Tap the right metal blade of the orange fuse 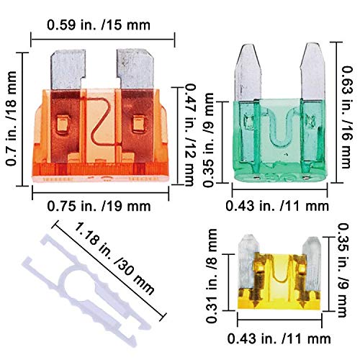(135, 68)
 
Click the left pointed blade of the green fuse (243, 68)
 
